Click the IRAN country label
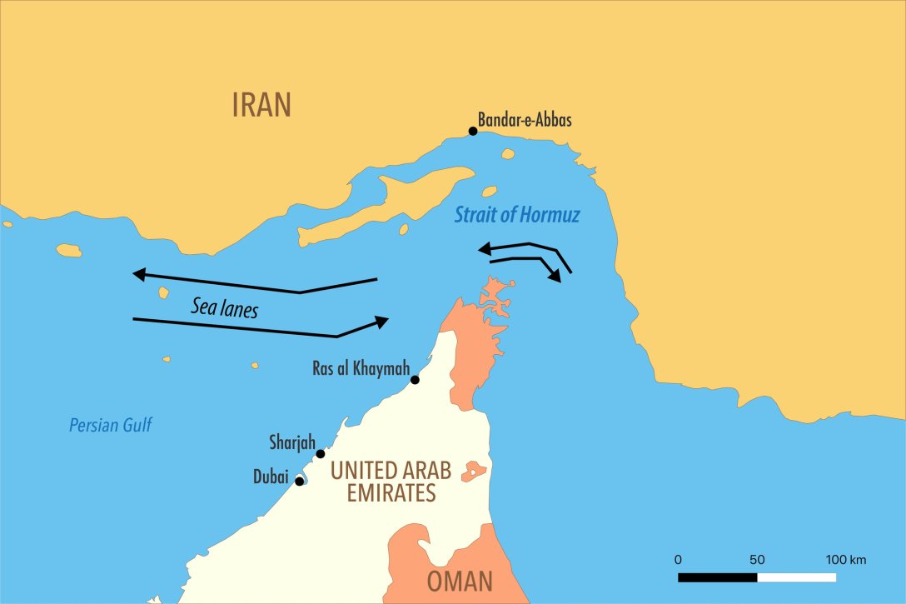click(261, 105)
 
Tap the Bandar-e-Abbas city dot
click(473, 131)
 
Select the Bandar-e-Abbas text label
click(525, 120)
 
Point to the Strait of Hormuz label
click(516, 215)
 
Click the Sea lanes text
click(224, 308)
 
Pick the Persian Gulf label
click(111, 426)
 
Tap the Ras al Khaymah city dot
click(415, 380)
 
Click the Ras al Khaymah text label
click(361, 367)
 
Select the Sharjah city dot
click(321, 454)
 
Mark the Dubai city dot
click(300, 481)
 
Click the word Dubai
click(271, 478)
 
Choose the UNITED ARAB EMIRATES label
click(391, 482)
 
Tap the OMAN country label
click(460, 582)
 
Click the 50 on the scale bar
click(757, 559)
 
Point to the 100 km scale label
click(846, 559)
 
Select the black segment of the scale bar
click(717, 577)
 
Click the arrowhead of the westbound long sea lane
click(139, 274)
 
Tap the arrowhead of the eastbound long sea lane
click(382, 321)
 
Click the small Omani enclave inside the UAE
click(475, 471)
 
